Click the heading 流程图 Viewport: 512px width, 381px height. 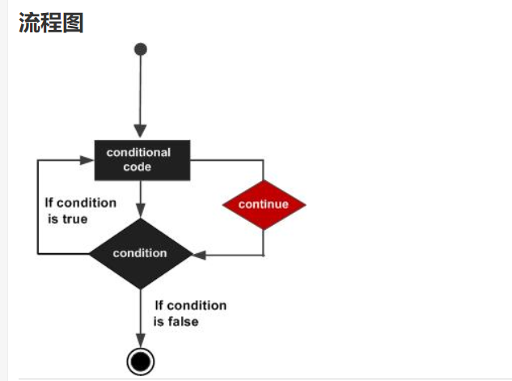point(50,23)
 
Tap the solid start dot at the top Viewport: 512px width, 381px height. point(141,49)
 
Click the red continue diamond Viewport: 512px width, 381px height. point(264,205)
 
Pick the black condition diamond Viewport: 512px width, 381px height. point(140,253)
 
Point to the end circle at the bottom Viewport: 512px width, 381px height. point(141,361)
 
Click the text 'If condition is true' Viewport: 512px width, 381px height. point(80,210)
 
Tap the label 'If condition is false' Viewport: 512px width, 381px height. point(190,313)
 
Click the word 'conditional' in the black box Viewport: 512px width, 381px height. point(139,152)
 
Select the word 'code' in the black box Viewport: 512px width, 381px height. point(138,167)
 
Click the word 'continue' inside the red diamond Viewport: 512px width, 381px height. point(264,205)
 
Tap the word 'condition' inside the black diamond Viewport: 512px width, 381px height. point(140,253)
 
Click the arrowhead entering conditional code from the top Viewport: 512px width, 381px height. point(141,132)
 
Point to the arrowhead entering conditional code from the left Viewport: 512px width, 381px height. point(87,159)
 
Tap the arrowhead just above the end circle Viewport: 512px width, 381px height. point(141,341)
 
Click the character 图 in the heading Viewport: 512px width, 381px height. point(73,23)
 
